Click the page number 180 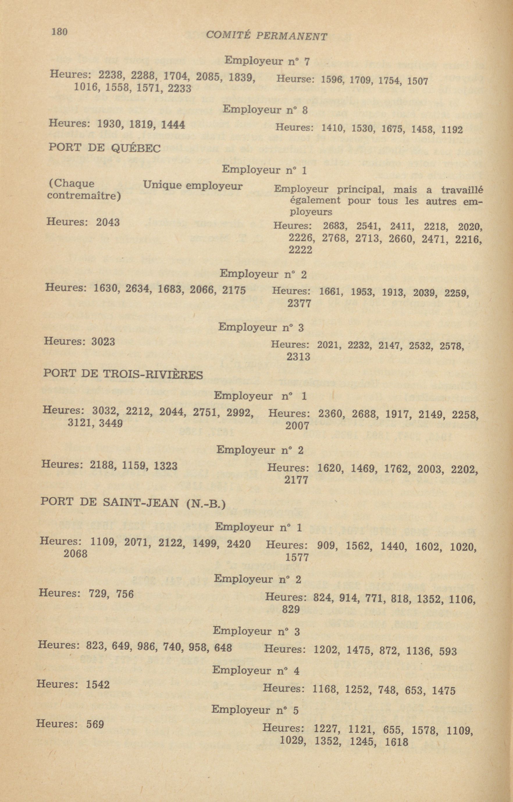click(x=59, y=32)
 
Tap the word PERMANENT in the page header click(x=291, y=36)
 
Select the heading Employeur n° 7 click(x=267, y=61)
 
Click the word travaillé click(x=462, y=190)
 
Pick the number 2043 click(x=108, y=222)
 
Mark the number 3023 click(x=103, y=341)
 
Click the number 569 click(x=95, y=724)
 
